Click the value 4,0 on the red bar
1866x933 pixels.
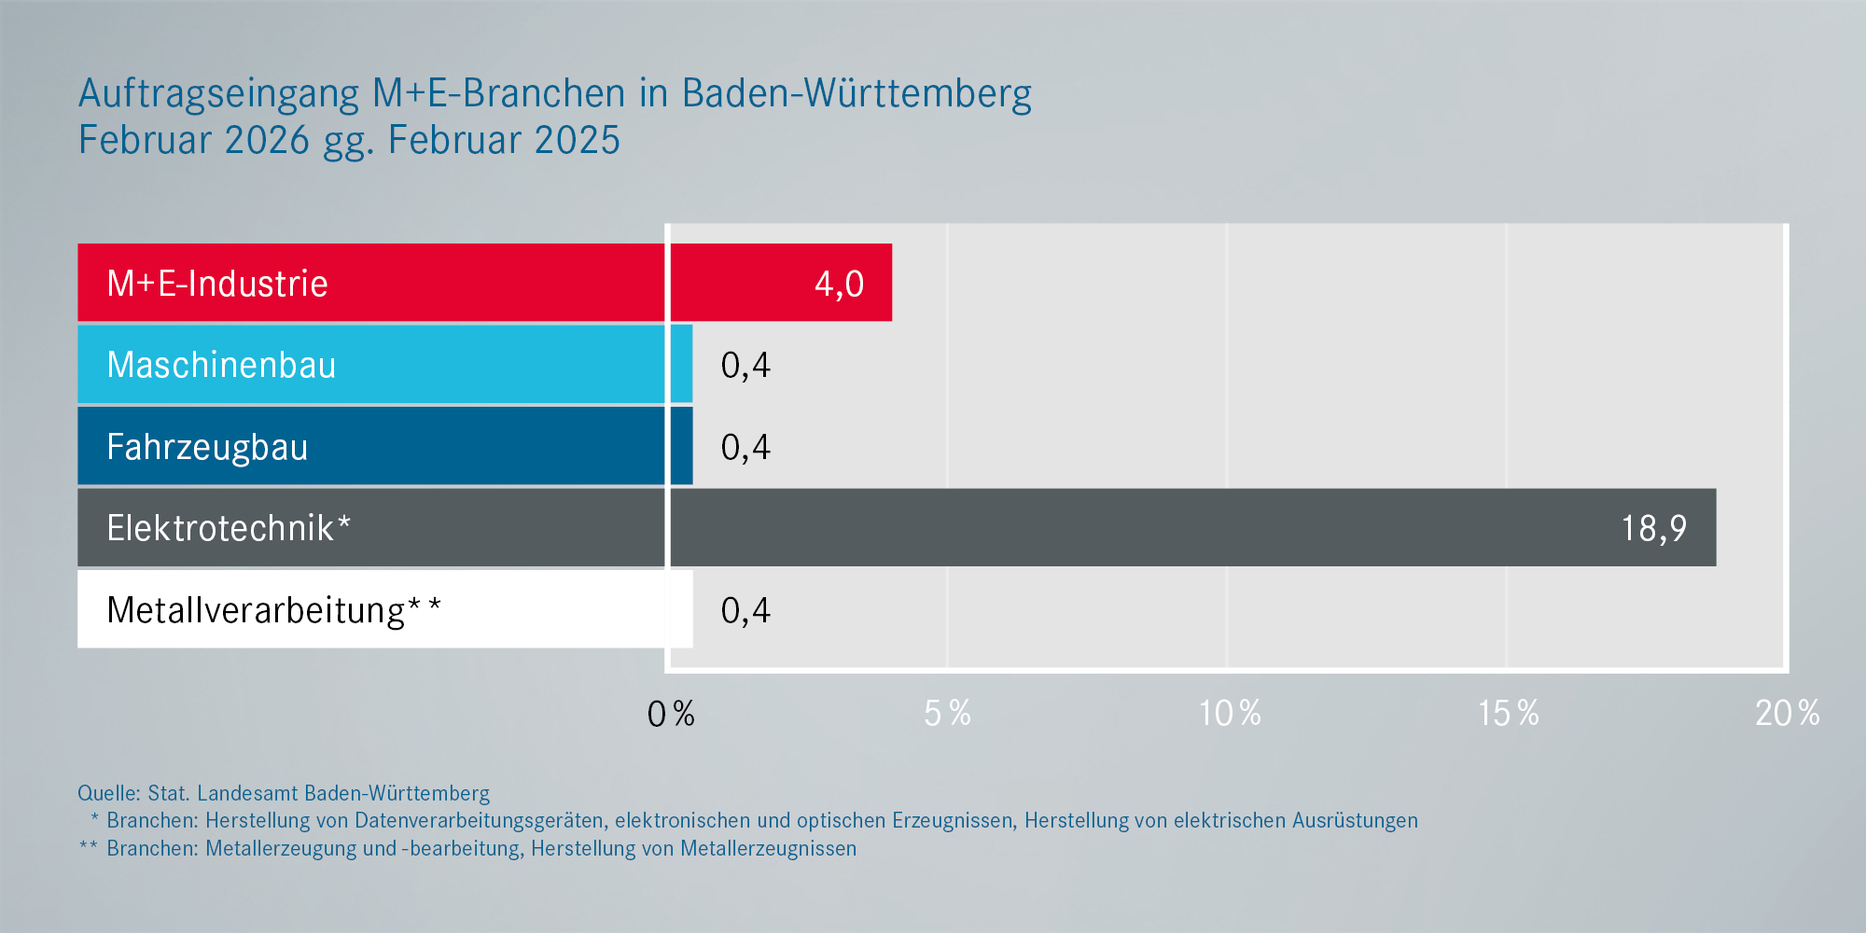[839, 284]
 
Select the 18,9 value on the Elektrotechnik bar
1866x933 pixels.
[1653, 529]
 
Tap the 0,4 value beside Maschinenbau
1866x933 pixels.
[745, 365]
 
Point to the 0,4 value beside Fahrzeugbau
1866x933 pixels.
[745, 447]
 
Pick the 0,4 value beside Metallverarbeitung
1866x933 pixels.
[745, 610]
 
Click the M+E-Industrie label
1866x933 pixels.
[217, 284]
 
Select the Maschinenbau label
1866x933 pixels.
[221, 365]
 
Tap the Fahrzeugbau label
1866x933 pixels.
[207, 447]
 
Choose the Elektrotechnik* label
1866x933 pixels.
[229, 528]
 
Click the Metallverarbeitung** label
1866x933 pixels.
[273, 610]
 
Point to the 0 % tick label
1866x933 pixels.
[671, 714]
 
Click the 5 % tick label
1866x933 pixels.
[947, 714]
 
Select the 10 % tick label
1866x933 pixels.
[1229, 714]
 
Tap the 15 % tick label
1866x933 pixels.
[1508, 714]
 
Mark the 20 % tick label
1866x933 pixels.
[1787, 714]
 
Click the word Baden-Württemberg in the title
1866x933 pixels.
[856, 94]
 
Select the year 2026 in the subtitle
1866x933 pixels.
[266, 141]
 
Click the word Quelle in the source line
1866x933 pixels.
[108, 793]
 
